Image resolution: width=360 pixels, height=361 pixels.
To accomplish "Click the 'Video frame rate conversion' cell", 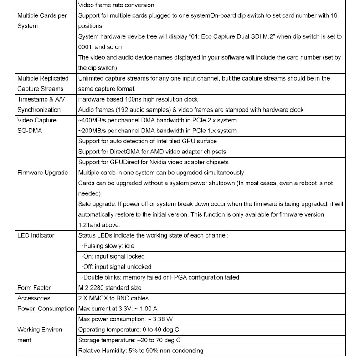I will [116, 5].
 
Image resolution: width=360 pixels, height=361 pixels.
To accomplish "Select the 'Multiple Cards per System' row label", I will [41, 21].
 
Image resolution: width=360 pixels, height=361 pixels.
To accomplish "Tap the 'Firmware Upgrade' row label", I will [42, 173].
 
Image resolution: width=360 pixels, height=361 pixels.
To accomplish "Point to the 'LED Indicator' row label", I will [36, 235].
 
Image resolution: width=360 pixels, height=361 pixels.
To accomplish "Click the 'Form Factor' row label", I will [34, 288].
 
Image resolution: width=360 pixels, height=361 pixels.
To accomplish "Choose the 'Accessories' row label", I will [34, 298].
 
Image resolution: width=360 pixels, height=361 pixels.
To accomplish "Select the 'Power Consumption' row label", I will [46, 309].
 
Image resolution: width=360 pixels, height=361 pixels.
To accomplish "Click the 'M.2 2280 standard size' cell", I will [110, 288].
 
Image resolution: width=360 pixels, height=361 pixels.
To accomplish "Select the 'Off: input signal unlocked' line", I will [117, 267].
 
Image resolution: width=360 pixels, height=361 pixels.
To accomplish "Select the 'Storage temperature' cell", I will [129, 340].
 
